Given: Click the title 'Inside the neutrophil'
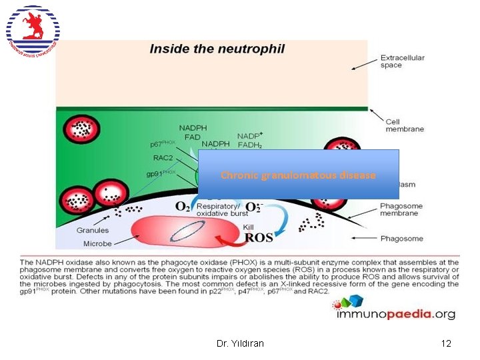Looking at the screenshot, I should (x=217, y=49).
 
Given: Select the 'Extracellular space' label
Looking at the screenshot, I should (x=402, y=61).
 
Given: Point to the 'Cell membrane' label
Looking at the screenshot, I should (x=402, y=125).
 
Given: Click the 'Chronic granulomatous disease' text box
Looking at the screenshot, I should (x=298, y=175).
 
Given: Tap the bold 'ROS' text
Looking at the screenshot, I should (x=259, y=237).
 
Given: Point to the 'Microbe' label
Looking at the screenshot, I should (x=97, y=244).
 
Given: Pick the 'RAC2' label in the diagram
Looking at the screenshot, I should (x=164, y=159).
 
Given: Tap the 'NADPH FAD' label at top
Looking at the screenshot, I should (x=193, y=131).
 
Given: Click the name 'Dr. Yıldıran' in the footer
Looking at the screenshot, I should (x=240, y=343).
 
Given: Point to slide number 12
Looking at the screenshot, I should (x=446, y=343).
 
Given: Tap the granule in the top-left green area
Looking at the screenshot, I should (x=84, y=126).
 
